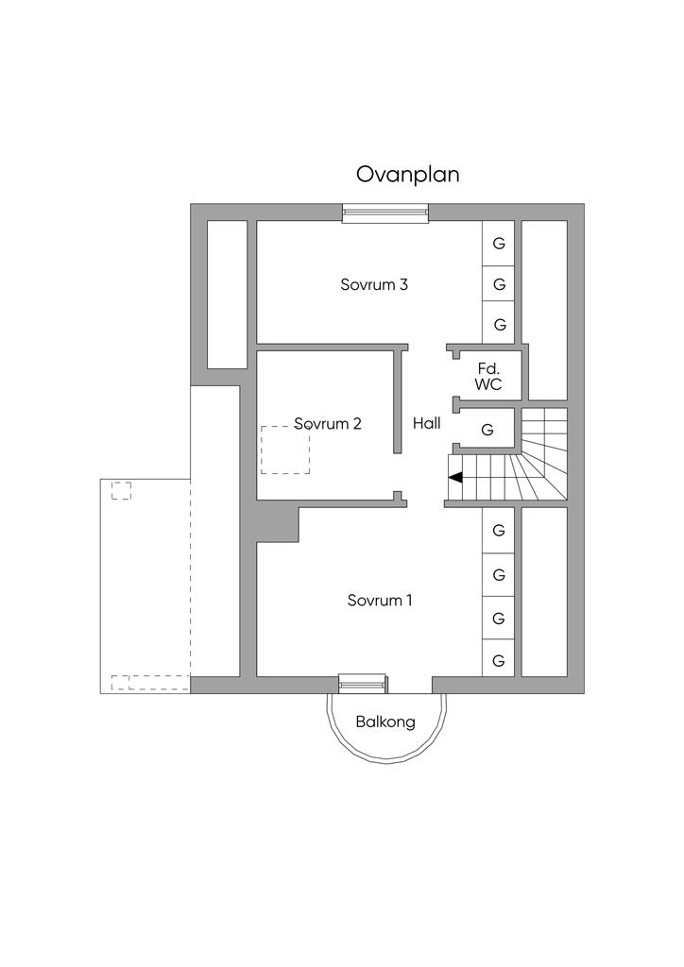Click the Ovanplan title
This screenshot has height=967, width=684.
408,175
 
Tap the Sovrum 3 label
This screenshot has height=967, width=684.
374,284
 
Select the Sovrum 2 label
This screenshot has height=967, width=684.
328,424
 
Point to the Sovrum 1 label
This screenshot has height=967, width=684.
379,600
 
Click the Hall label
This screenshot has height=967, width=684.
427,423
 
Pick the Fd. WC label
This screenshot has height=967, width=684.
488,376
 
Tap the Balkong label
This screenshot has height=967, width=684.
385,721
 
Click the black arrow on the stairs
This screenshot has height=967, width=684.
456,477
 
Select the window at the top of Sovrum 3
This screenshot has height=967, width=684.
385,212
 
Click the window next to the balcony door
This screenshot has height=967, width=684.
364,684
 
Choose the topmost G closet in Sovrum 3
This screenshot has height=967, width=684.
498,243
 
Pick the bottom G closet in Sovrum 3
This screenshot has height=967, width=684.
498,324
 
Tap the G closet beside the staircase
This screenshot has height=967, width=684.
487,430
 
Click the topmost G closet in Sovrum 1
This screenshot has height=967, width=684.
498,530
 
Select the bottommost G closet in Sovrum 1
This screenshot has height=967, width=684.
498,661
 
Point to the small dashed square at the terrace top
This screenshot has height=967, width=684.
121,490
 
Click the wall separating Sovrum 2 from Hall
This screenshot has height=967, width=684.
399,402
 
